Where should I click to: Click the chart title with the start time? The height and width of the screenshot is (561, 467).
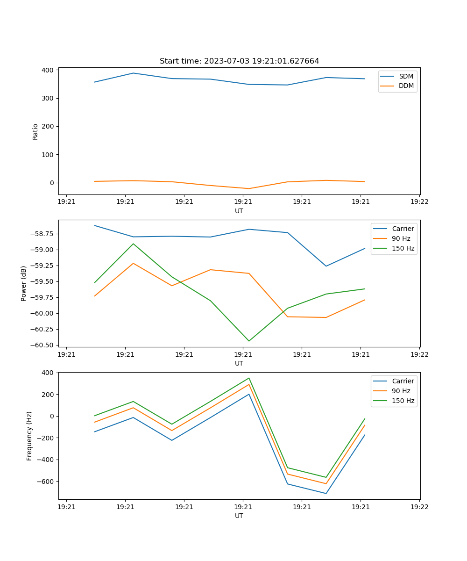tap(239, 61)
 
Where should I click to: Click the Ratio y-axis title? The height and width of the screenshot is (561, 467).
tap(35, 131)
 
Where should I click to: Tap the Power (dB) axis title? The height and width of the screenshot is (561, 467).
tap(24, 283)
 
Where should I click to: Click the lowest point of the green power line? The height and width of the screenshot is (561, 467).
tap(249, 341)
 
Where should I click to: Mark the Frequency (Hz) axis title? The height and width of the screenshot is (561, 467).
tap(29, 436)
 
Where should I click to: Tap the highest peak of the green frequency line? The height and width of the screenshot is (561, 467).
tap(249, 378)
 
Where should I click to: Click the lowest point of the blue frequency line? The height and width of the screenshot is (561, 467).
tap(326, 493)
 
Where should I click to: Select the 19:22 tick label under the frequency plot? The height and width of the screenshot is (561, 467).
tap(419, 507)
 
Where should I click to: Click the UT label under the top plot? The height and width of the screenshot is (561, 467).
tap(239, 211)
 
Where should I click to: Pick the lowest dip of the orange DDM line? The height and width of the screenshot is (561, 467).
tap(249, 188)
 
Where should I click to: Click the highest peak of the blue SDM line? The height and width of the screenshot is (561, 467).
tap(133, 73)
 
